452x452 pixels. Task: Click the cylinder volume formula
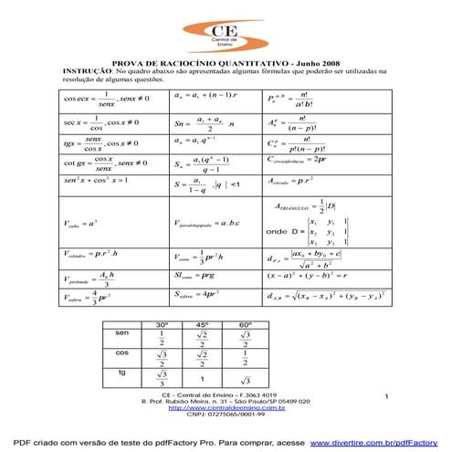click(91, 256)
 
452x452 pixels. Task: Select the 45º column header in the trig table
click(203, 325)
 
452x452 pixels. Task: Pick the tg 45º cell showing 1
click(203, 377)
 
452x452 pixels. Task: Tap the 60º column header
click(245, 325)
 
